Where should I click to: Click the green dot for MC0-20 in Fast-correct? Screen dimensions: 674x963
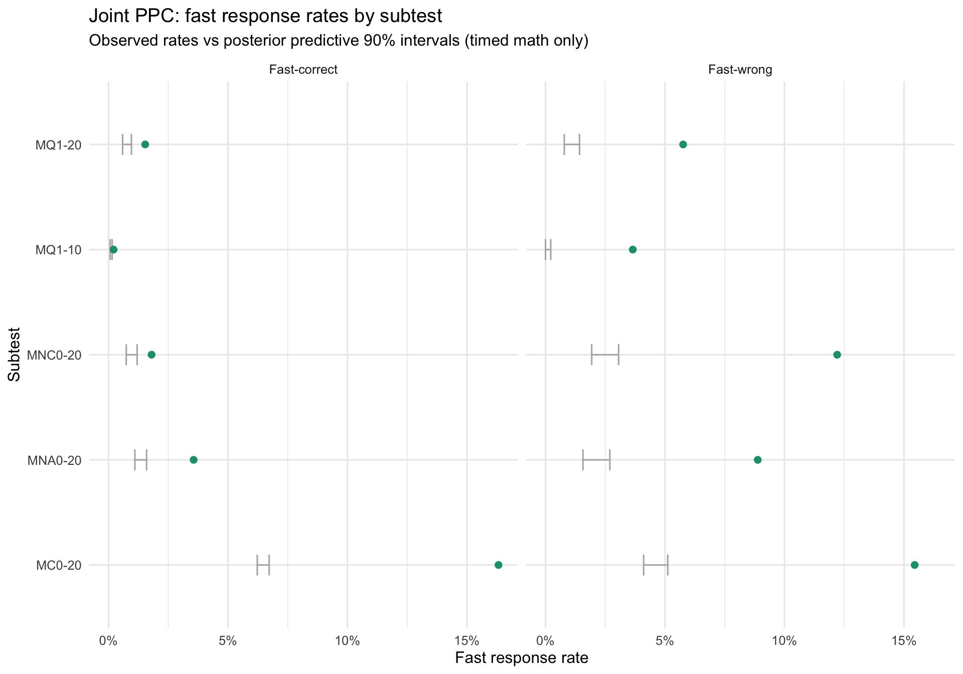[x=498, y=565]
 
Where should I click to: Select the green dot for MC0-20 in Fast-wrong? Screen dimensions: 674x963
[x=914, y=565]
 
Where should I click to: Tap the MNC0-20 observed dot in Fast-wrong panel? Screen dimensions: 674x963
[x=837, y=355]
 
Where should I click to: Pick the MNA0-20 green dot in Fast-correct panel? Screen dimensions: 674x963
[x=194, y=460]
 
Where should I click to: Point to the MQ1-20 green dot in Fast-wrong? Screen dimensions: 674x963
[x=683, y=144]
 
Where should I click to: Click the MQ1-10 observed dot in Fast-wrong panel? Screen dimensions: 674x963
[x=632, y=250]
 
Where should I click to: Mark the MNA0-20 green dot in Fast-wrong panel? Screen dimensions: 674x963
[x=758, y=460]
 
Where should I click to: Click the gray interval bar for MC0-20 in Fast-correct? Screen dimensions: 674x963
[x=263, y=565]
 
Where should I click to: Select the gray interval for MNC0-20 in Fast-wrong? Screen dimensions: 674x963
[x=605, y=355]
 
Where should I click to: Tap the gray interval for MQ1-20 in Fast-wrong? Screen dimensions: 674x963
[x=572, y=144]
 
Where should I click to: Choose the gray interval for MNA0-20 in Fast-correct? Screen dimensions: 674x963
[x=140, y=460]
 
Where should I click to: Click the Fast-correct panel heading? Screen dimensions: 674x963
[x=303, y=70]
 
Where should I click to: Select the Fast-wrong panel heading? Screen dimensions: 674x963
[x=740, y=70]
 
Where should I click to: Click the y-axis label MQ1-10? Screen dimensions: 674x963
[x=58, y=250]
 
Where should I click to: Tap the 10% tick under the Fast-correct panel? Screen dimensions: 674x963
[x=347, y=641]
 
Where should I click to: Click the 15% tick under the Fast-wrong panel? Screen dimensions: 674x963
[x=904, y=641]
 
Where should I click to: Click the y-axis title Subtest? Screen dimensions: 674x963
[x=15, y=355]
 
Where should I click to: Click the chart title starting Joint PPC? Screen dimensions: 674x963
[x=265, y=17]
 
